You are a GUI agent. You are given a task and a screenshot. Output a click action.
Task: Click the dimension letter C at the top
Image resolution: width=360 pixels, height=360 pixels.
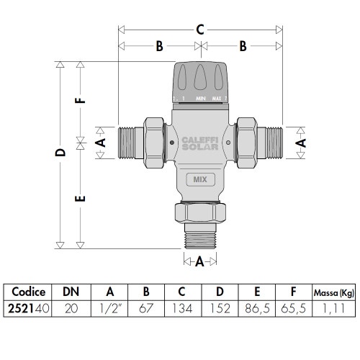[x=201, y=30]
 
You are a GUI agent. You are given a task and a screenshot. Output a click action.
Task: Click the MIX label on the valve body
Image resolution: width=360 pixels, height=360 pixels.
[x=201, y=180]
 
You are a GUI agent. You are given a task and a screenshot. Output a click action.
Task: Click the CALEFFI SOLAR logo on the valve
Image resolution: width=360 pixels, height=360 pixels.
[x=200, y=143]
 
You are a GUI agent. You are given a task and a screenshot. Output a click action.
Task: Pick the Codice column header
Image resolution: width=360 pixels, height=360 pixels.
[x=29, y=292]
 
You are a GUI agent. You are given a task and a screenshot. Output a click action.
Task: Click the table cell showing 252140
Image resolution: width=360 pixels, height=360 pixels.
[x=29, y=307]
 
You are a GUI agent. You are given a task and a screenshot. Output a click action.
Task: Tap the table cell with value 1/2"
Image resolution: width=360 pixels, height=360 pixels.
[x=111, y=307]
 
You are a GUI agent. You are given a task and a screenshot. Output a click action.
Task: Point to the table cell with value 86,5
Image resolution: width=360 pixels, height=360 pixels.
[x=257, y=307]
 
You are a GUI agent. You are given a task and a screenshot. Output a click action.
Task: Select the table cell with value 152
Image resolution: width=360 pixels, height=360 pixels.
[x=220, y=307]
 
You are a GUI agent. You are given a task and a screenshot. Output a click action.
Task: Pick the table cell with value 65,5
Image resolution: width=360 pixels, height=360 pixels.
[x=294, y=307]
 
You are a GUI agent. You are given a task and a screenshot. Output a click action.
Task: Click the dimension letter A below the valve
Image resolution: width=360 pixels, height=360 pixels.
[x=204, y=262]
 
